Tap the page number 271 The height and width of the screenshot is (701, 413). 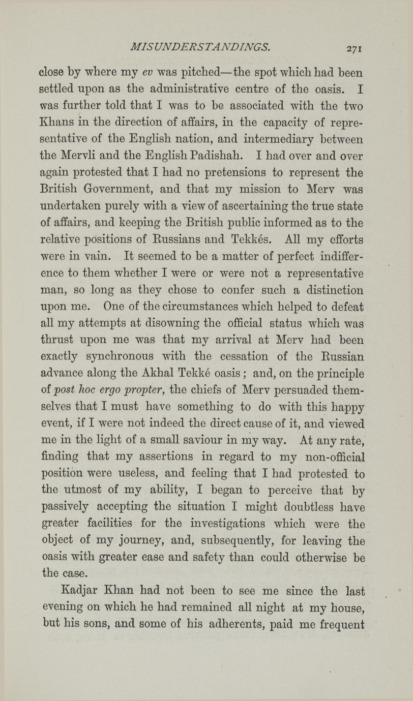point(352,49)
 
